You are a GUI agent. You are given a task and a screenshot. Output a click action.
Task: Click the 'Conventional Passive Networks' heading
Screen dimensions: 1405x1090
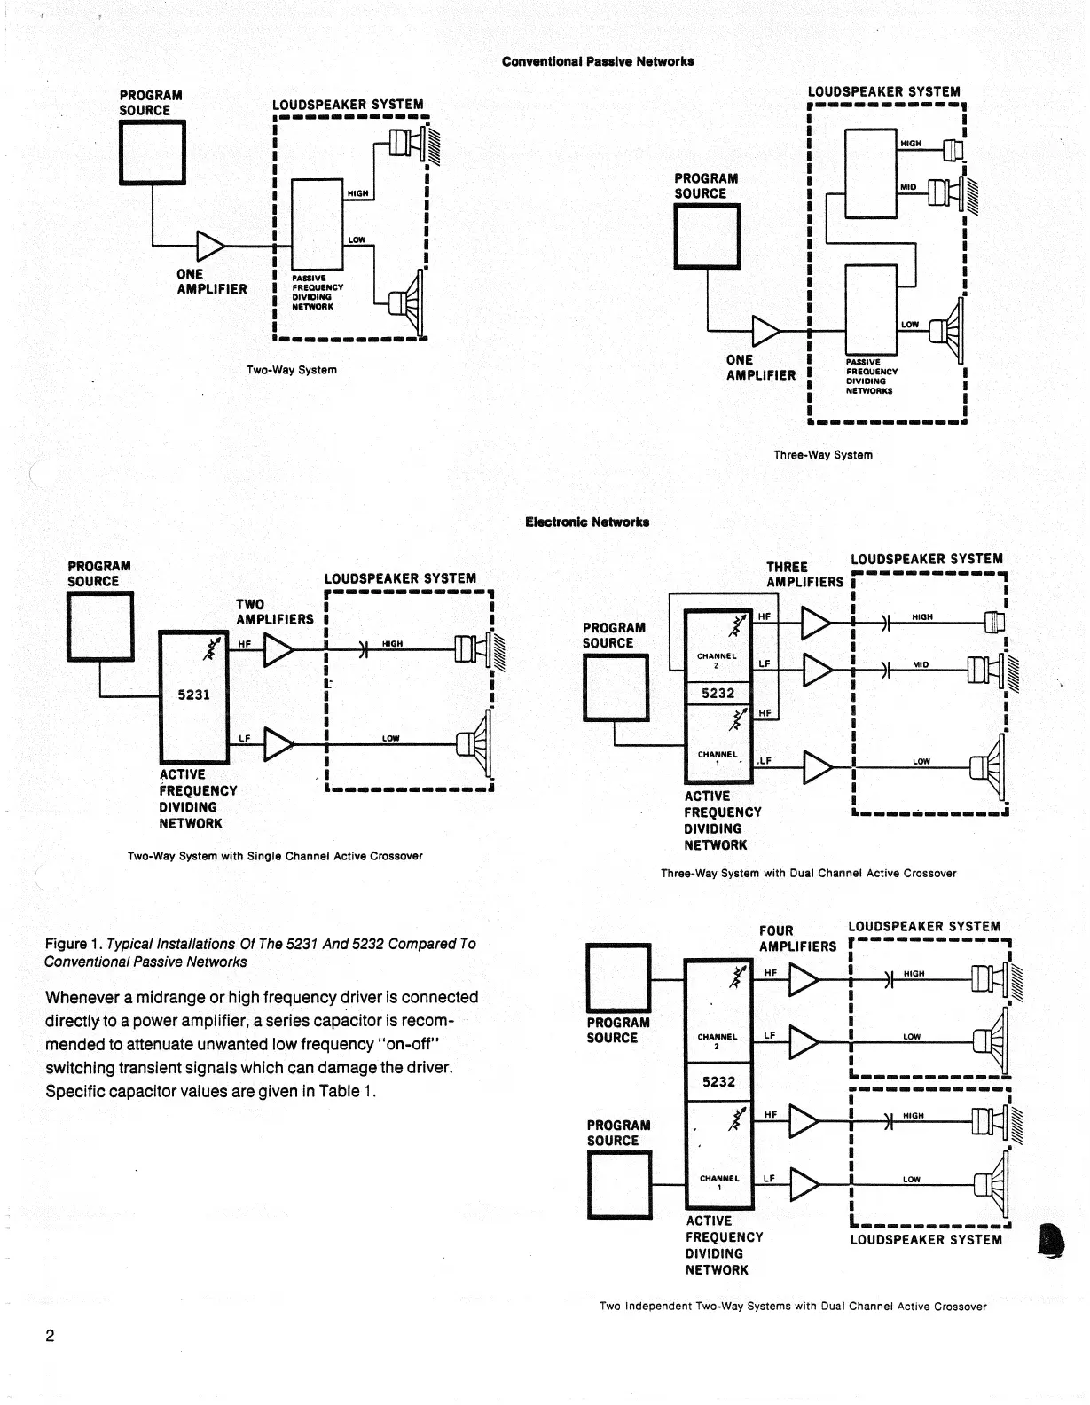pos(597,61)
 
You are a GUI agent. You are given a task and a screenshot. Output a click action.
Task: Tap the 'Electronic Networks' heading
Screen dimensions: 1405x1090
pos(587,522)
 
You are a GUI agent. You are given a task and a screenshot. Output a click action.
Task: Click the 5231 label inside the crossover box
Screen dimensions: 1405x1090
pos(193,695)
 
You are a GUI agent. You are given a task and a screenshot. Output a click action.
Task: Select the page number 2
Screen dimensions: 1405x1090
pos(50,1336)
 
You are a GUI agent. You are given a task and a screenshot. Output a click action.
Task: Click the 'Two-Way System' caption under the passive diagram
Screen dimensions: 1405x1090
pos(291,370)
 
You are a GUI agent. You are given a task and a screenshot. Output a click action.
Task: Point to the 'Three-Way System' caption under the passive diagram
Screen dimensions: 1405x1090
pos(822,455)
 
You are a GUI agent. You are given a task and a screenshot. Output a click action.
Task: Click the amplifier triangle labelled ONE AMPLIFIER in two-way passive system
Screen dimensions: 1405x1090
pos(210,245)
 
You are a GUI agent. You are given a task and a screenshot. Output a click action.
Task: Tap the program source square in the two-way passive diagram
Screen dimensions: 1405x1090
pos(153,152)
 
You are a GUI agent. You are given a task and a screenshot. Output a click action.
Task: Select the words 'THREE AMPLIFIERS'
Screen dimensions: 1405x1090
pos(804,575)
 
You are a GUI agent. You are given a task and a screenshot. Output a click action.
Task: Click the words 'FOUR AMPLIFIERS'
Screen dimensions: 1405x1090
pos(796,938)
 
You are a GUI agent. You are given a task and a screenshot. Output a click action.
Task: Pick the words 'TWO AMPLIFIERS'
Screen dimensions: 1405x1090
pos(274,612)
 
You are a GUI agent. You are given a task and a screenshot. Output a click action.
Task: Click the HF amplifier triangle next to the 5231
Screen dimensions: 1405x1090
pos(278,652)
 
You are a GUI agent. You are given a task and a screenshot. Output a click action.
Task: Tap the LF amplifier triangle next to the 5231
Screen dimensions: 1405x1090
pos(278,744)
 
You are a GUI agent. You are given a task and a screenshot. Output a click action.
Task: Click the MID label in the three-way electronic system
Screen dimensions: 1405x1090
pos(921,663)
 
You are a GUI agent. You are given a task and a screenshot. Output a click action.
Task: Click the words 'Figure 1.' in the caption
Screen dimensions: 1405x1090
pos(74,944)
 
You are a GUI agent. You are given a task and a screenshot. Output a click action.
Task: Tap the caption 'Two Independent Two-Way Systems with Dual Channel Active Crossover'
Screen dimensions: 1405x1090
pos(792,1306)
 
